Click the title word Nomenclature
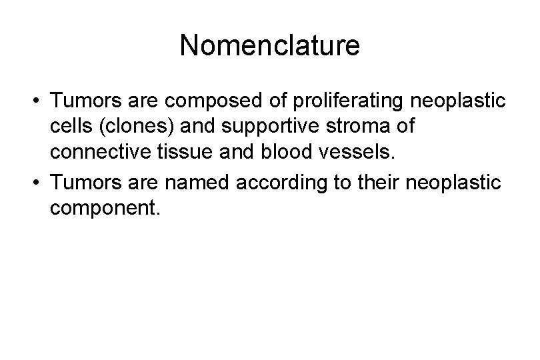[269, 45]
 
